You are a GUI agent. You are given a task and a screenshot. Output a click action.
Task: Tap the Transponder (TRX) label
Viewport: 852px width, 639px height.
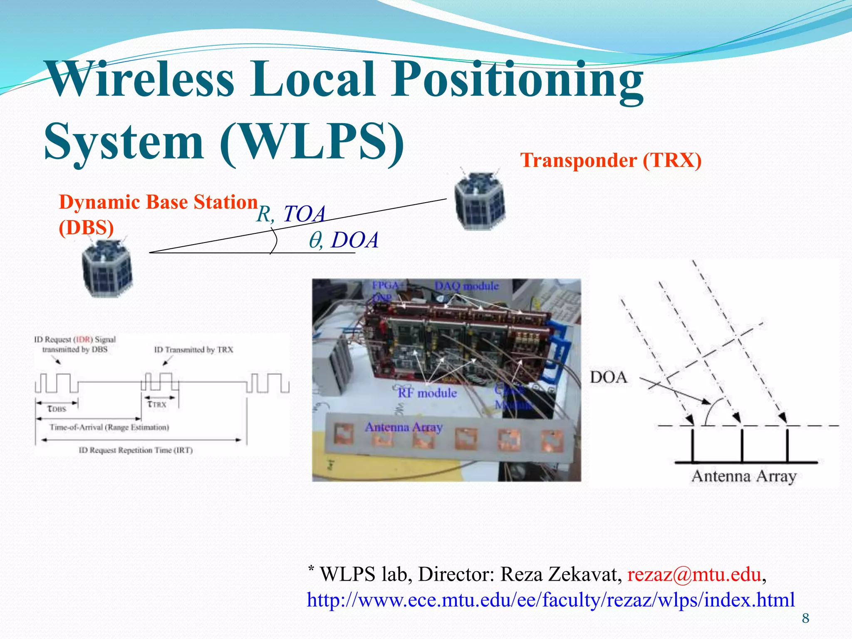point(611,161)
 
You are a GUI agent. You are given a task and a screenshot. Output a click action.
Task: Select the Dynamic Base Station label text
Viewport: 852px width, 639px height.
point(158,203)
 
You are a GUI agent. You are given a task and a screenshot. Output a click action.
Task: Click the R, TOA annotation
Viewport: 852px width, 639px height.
point(290,214)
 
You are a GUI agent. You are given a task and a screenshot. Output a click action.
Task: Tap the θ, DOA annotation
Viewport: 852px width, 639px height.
point(344,240)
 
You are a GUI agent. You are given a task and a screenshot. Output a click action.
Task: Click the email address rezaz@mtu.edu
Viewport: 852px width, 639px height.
point(694,575)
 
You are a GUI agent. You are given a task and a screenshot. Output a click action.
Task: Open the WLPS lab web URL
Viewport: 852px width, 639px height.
point(550,600)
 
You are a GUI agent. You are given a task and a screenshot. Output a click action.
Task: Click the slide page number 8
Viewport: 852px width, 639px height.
point(805,619)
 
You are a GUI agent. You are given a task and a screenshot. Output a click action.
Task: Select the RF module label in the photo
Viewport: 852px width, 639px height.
point(427,393)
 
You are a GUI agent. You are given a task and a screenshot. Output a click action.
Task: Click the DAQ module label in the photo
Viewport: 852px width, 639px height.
point(466,286)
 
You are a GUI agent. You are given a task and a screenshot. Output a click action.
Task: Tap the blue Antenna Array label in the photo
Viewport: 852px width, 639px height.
point(403,427)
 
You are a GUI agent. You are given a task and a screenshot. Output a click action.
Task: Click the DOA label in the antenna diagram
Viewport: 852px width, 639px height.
point(608,378)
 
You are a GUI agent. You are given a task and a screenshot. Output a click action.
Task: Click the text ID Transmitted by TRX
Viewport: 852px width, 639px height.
point(193,350)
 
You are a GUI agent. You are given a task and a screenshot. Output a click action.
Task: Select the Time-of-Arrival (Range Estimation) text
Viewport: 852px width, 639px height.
point(109,428)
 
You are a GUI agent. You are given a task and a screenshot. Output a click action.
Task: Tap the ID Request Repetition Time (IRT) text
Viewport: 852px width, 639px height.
point(136,451)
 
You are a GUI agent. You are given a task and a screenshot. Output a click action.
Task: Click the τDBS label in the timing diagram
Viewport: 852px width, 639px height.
point(57,409)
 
